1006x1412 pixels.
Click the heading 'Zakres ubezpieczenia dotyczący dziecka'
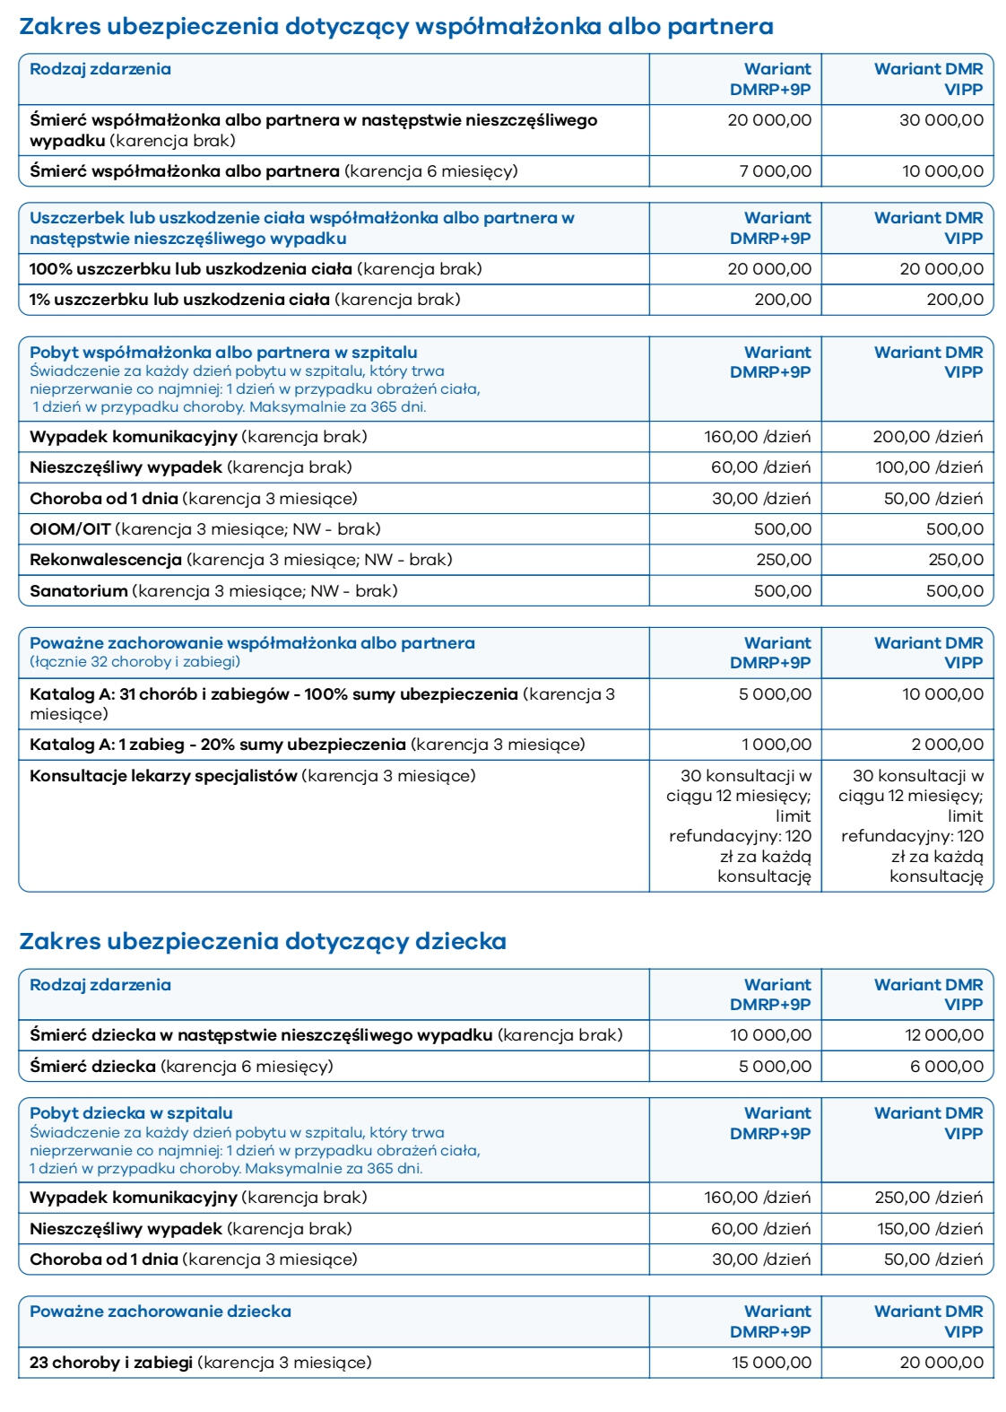pos(263,941)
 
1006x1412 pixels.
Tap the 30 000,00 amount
pos(941,119)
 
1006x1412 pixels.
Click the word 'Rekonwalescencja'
pos(106,559)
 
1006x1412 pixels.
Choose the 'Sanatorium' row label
pos(79,590)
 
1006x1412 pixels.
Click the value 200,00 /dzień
pos(927,437)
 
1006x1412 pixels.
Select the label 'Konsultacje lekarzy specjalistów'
pos(163,775)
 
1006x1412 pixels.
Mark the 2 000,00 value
pos(947,744)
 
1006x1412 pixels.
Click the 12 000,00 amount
pos(944,1034)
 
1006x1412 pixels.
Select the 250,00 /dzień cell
pos(928,1197)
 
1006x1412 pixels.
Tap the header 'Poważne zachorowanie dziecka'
pos(160,1311)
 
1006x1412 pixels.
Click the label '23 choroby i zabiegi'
pos(111,1362)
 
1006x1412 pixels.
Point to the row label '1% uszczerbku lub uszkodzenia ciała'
pos(179,299)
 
